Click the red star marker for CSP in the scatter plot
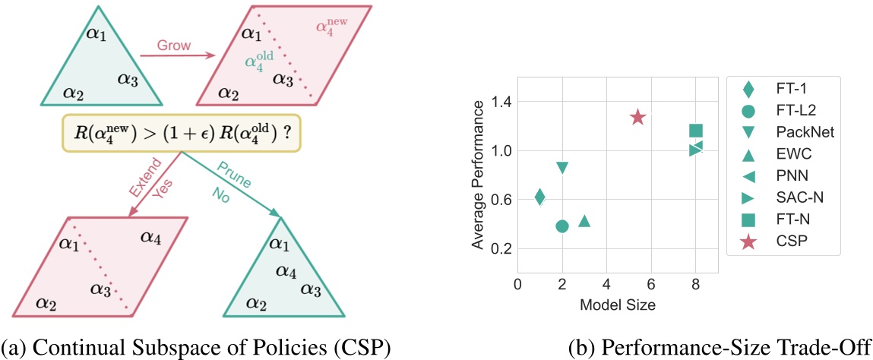pos(637,117)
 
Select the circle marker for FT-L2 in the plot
pos(562,226)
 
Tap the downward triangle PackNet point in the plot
pos(562,168)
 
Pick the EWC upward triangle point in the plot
pos(584,221)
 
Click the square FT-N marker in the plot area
pos(695,131)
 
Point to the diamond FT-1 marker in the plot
pos(539,197)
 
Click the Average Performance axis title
pos(477,174)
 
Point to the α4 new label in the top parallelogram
pos(331,30)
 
